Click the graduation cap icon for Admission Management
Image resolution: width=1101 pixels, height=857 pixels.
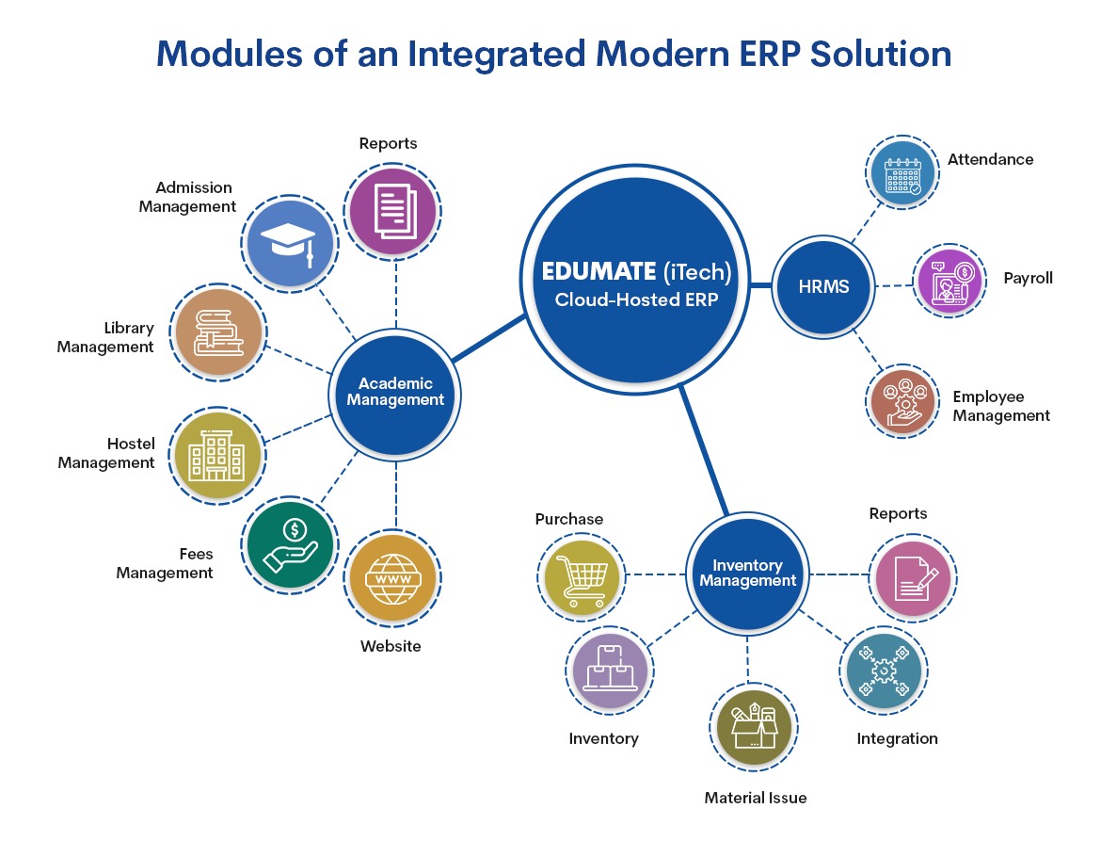point(290,242)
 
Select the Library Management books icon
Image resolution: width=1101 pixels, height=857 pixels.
point(220,333)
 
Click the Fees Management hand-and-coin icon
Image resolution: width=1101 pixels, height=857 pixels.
point(289,543)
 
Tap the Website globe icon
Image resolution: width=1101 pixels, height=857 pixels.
point(391,577)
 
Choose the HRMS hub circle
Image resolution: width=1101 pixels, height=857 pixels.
point(823,285)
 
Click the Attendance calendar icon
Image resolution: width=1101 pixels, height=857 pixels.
point(902,173)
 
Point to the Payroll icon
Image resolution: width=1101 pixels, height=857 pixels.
point(949,281)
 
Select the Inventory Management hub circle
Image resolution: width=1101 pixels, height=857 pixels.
point(747,574)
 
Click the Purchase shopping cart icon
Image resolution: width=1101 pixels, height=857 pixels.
point(582,575)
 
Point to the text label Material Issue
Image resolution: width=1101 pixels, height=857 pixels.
point(756,798)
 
